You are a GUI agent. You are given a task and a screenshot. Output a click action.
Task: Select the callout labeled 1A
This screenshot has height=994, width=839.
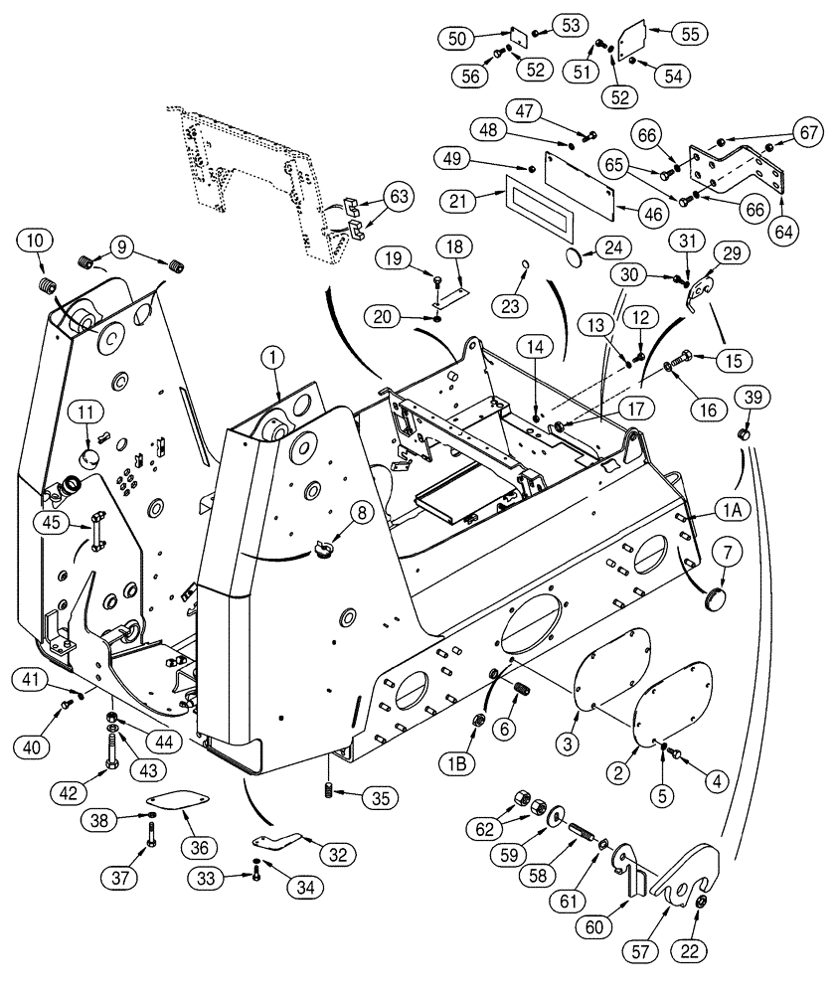point(732,510)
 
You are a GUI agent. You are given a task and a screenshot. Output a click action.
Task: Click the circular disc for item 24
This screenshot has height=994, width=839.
point(578,258)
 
